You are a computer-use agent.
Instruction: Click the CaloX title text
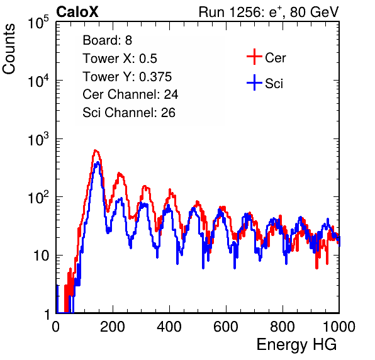point(77,12)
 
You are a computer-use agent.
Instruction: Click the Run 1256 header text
point(268,12)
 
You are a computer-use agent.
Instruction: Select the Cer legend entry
point(266,57)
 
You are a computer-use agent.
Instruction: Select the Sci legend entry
point(265,83)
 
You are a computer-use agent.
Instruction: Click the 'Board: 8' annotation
point(108,40)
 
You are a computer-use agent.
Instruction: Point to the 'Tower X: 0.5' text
point(120,59)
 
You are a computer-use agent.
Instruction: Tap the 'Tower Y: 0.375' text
point(127,77)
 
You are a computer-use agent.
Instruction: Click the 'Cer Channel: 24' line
point(130,94)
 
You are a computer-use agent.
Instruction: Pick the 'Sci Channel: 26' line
point(129,113)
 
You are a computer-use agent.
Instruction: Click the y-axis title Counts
point(9,48)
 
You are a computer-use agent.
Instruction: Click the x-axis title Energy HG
point(296,345)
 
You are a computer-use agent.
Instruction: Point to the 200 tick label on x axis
point(113,327)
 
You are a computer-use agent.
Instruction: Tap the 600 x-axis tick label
point(226,327)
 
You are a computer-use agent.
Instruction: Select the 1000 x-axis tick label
point(339,327)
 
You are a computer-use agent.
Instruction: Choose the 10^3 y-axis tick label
point(38,138)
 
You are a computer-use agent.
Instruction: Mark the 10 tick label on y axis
point(42,256)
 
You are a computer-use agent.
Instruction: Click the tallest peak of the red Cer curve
point(96,150)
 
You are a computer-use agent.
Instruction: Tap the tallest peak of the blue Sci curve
point(98,162)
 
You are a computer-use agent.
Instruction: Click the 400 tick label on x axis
point(169,327)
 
